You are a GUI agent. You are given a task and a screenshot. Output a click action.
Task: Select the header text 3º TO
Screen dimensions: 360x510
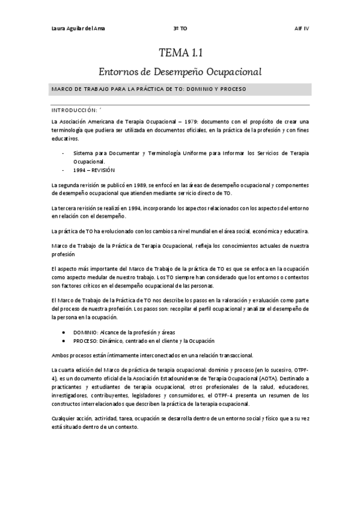click(x=180, y=28)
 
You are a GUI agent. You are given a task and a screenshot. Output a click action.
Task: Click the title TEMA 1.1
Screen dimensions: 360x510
click(x=180, y=54)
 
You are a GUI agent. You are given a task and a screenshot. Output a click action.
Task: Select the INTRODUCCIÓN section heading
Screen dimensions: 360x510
click(x=75, y=111)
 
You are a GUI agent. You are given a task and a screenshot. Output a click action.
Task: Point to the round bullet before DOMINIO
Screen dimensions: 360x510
click(x=65, y=331)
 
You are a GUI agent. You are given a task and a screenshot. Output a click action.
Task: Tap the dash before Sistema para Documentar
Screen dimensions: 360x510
click(x=64, y=153)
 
